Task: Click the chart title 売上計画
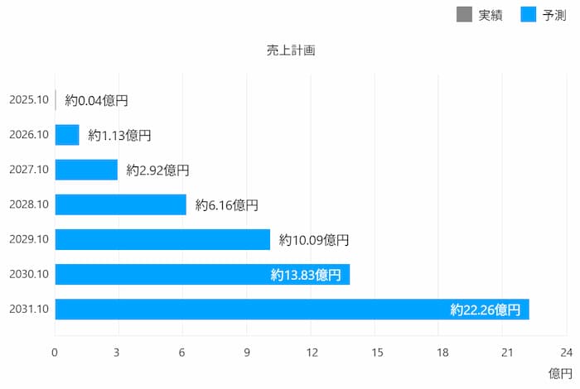coord(290,50)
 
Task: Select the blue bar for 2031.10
coord(249,310)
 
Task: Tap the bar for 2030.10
coord(166,275)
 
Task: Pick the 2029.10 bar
coord(162,240)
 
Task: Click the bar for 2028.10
coord(120,204)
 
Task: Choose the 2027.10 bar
coord(86,170)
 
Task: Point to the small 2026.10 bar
coord(67,135)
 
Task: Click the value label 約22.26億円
coord(486,310)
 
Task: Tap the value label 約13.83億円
coord(306,275)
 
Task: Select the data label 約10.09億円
coord(314,240)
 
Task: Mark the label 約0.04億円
coord(96,100)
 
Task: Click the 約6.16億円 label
coord(227,204)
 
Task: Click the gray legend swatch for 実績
coord(464,14)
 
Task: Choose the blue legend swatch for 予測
coord(529,14)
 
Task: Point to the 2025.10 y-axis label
coord(29,100)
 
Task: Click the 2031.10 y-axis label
coord(29,310)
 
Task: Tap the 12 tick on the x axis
coord(311,352)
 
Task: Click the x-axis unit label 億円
coord(560,373)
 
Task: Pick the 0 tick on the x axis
coord(55,352)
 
